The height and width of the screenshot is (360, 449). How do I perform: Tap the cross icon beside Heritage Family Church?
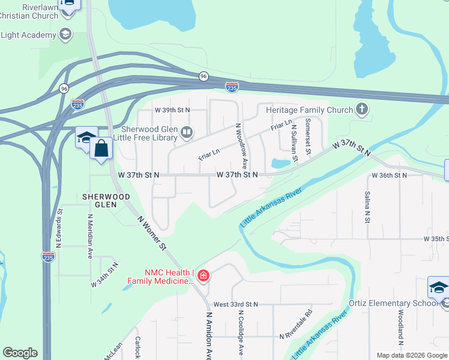pyautogui.click(x=361, y=109)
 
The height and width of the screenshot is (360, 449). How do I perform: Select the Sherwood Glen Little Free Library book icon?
pyautogui.click(x=187, y=132)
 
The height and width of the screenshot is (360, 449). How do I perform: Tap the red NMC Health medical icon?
pyautogui.click(x=203, y=275)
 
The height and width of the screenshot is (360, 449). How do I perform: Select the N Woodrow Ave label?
pyautogui.click(x=241, y=146)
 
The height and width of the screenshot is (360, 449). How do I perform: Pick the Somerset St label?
pyautogui.click(x=307, y=137)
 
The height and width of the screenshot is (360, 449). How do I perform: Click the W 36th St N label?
pyautogui.click(x=389, y=175)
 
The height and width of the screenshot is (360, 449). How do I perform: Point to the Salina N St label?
pyautogui.click(x=366, y=207)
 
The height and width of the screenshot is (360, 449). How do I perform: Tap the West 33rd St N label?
pyautogui.click(x=235, y=304)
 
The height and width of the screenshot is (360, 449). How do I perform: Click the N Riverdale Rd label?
pyautogui.click(x=297, y=325)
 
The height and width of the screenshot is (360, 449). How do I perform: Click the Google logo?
pyautogui.click(x=20, y=353)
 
